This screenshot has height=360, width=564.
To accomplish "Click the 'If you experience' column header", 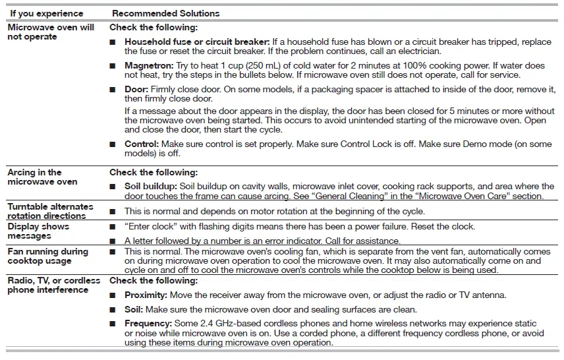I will (x=47, y=13).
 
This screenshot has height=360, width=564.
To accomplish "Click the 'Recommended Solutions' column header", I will (x=166, y=13).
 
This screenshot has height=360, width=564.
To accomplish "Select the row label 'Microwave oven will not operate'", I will (x=50, y=32).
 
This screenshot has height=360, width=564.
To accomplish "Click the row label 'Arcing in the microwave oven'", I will (x=42, y=177).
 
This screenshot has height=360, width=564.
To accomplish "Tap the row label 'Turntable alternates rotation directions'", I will (x=50, y=211).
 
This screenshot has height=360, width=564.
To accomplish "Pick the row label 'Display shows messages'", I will (x=38, y=231).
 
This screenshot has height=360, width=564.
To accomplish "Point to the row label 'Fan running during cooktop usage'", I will (x=47, y=256).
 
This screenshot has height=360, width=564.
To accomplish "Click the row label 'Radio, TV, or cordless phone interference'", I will (x=53, y=285).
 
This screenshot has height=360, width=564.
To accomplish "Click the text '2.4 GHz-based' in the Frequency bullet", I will (x=224, y=324).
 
